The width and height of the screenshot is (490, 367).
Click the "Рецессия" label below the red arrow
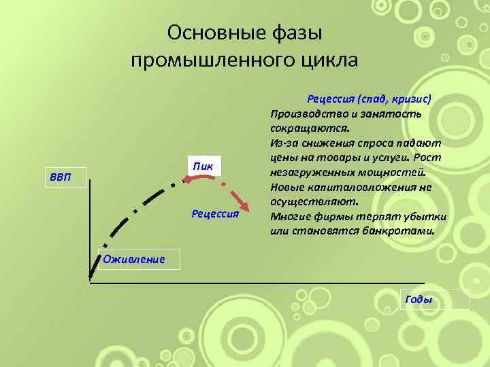(x=215, y=214)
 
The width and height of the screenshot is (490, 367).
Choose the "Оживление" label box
(x=134, y=258)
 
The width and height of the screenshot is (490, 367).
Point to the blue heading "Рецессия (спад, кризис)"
(x=369, y=98)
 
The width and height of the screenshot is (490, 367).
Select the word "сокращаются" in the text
(x=310, y=128)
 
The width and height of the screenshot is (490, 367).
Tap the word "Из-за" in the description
(x=283, y=143)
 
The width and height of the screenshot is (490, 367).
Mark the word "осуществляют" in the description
(x=308, y=203)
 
